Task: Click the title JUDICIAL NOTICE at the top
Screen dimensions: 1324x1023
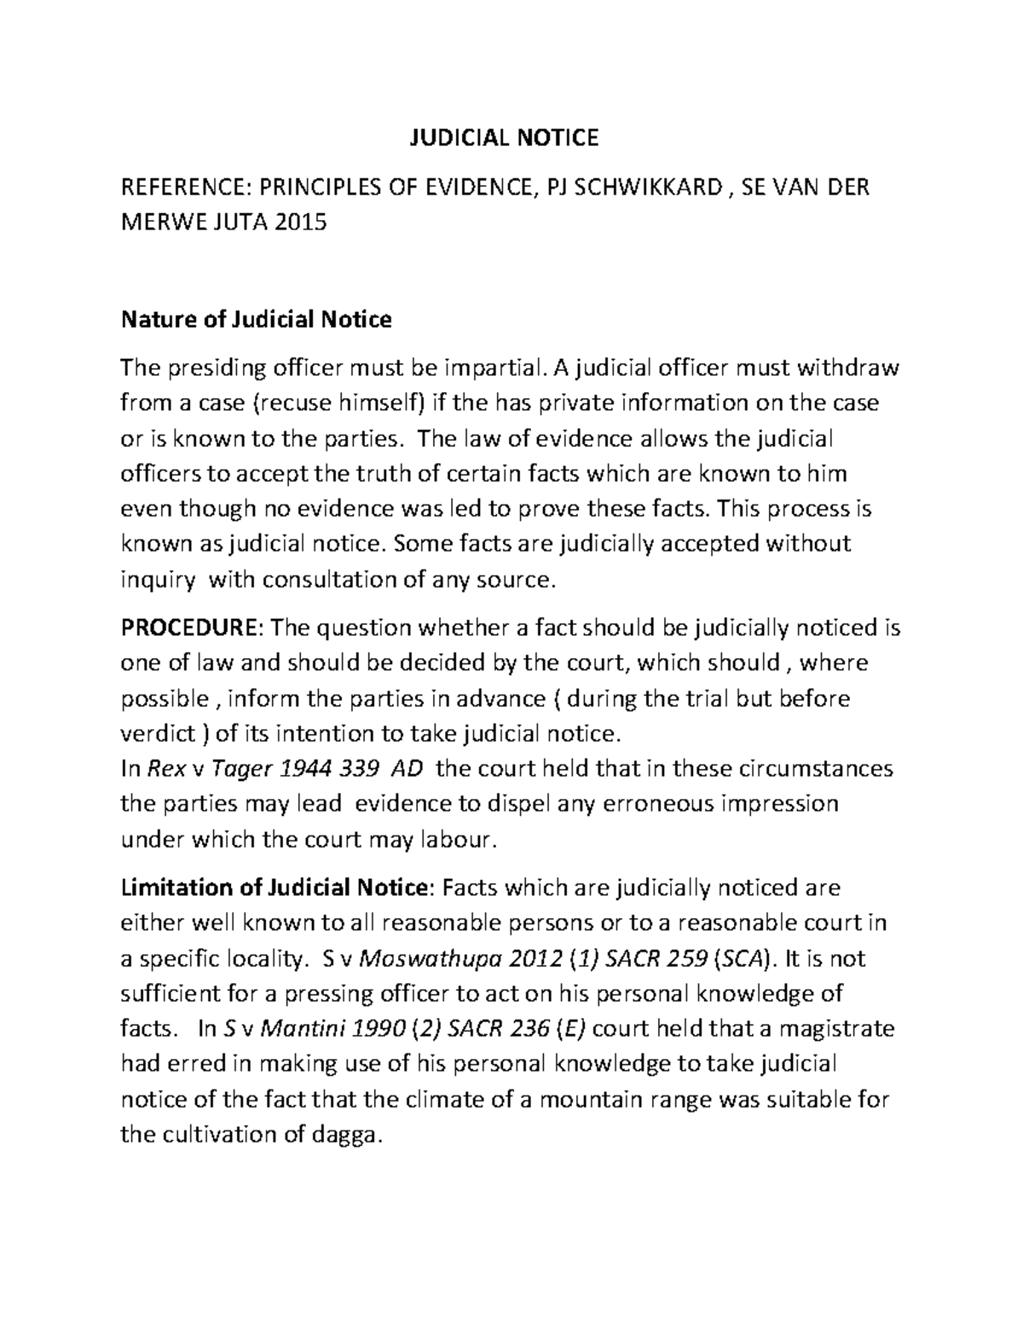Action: (x=501, y=137)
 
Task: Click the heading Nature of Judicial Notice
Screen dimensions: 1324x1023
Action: (x=257, y=320)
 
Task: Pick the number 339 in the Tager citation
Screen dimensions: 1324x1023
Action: (x=356, y=768)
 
